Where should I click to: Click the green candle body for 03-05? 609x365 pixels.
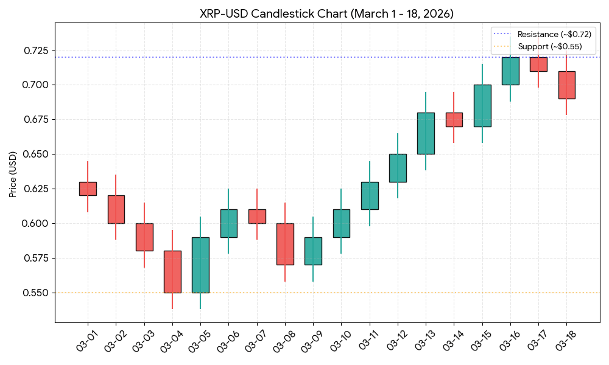click(200, 265)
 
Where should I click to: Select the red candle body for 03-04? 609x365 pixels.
click(172, 271)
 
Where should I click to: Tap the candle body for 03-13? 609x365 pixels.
click(426, 133)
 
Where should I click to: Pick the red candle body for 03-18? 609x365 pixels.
click(566, 85)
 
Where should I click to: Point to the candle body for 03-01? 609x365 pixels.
click(88, 189)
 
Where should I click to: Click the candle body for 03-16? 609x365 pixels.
click(510, 71)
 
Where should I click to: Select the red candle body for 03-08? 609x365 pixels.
click(285, 244)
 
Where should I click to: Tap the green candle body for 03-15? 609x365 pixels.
click(482, 106)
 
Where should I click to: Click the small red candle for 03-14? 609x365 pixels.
click(454, 120)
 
